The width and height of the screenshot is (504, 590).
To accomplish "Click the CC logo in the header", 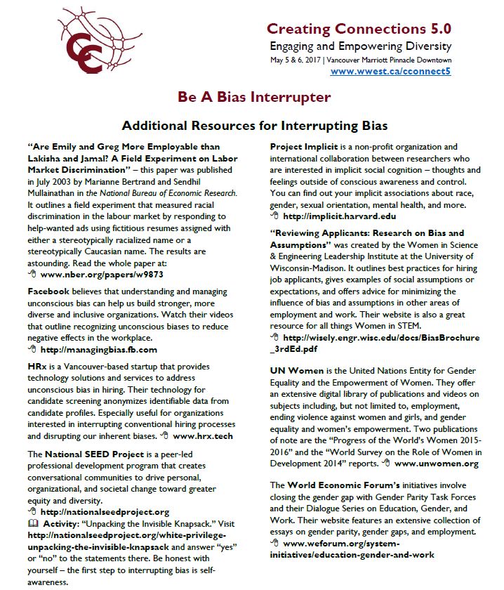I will click(83, 46).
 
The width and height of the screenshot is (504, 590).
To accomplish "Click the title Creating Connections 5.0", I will click(359, 29).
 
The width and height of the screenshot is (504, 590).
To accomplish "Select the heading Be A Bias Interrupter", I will click(254, 96).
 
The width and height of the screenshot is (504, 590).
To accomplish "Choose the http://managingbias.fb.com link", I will click(99, 349).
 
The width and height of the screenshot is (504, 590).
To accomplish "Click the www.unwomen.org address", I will click(437, 464).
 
